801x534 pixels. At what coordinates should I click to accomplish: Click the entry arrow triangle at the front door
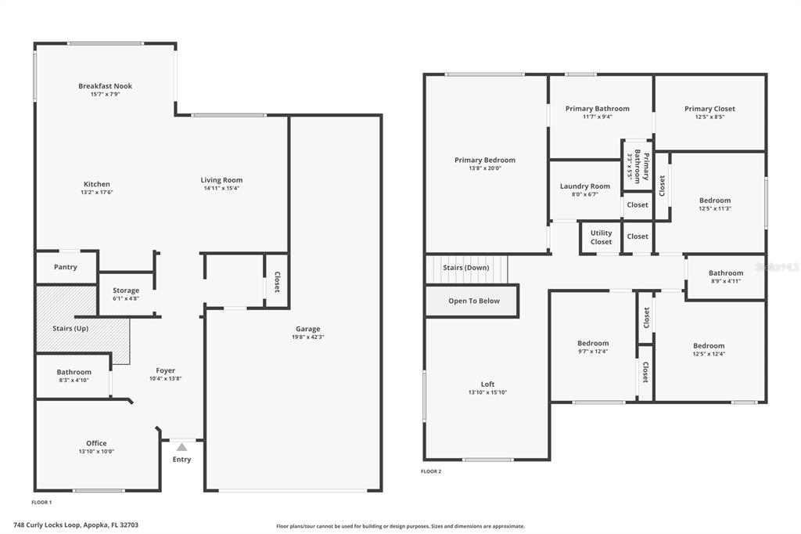pos(181,447)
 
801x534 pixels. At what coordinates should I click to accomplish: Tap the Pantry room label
pos(66,267)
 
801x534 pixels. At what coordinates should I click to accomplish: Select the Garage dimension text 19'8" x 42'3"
pos(308,337)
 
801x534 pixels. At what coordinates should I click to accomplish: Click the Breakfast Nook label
pos(106,86)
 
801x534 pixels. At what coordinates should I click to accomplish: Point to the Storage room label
pos(126,290)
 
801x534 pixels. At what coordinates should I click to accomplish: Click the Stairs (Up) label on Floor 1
pos(70,328)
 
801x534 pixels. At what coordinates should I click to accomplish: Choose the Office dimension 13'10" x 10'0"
pos(96,452)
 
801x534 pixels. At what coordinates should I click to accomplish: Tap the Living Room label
pos(221,180)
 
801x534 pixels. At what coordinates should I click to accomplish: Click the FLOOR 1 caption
pos(42,502)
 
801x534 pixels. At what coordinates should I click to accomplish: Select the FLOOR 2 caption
pos(431,471)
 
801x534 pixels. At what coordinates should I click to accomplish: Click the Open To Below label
pos(474,301)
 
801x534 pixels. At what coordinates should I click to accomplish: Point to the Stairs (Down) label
pos(466,268)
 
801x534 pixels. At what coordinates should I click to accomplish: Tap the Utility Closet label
pos(602,237)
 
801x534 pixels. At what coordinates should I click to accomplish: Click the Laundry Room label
pos(585,186)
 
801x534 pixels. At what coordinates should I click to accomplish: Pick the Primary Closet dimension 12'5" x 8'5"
pos(710,117)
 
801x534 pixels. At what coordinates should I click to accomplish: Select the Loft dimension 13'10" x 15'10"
pos(488,392)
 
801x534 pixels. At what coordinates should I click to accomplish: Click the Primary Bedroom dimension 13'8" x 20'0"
pos(485,168)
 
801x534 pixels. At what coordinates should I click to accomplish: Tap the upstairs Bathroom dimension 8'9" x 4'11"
pos(726,281)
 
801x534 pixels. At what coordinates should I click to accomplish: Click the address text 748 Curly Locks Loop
pos(47,525)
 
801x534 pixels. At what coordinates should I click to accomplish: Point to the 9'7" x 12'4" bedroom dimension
pos(593,352)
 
